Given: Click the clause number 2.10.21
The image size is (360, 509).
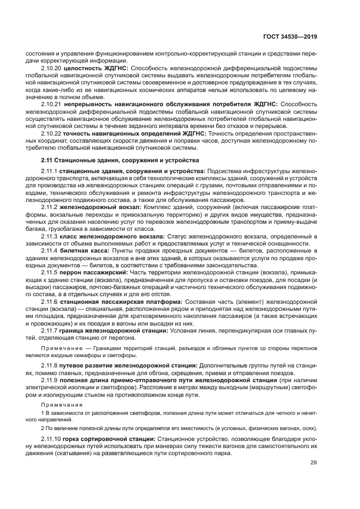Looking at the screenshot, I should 52,103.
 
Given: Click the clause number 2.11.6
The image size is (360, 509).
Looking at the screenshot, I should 50,301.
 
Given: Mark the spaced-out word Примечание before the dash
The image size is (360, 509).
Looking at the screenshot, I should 62,347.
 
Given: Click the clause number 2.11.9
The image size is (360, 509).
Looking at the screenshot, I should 50,380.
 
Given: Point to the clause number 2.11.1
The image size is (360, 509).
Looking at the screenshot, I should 50,171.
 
